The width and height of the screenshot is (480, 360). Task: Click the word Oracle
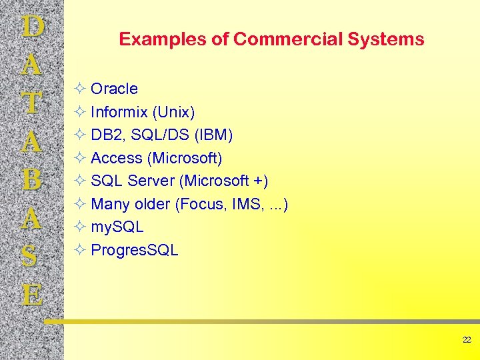pos(114,89)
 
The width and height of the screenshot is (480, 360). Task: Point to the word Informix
pos(119,112)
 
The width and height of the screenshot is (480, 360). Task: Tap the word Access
pos(117,158)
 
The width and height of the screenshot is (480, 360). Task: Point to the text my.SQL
pos(117,227)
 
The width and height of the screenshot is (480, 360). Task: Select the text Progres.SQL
pos(134,250)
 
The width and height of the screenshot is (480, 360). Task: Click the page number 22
pos(467,340)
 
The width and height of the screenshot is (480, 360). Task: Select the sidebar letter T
pos(33,103)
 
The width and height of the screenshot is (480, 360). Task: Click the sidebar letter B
pos(33,180)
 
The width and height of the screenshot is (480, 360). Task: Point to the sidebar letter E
pos(33,294)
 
